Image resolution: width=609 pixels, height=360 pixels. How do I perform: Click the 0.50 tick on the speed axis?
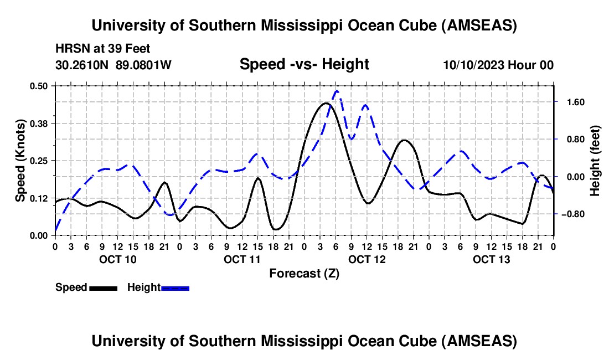point(39,85)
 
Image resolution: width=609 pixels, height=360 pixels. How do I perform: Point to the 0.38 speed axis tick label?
point(39,123)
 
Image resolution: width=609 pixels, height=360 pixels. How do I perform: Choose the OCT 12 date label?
point(367,259)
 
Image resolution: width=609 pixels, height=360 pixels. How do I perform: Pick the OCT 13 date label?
point(491,259)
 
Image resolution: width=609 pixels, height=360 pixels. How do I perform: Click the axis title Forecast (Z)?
point(304,274)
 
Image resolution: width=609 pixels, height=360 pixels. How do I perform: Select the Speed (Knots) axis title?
point(20,161)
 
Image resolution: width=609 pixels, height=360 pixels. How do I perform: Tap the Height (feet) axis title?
point(595,161)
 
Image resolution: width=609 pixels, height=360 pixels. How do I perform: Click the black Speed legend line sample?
point(103,287)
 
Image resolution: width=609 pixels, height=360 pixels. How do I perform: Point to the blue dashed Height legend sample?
point(175,287)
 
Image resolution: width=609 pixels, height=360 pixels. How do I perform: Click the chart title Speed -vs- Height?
point(304,64)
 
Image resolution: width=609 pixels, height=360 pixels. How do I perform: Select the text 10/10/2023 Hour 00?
point(498,65)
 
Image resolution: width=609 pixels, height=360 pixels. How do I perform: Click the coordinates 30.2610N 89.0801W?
point(113,65)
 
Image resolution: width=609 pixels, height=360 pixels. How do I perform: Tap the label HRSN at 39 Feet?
point(103,49)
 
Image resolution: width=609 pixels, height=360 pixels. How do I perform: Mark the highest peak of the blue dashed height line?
point(337,91)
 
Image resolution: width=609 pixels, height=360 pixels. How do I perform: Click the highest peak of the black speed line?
point(326,103)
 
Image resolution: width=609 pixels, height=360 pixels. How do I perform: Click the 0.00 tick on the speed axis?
point(39,235)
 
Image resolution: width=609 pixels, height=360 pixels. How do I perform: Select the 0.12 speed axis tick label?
point(39,198)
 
